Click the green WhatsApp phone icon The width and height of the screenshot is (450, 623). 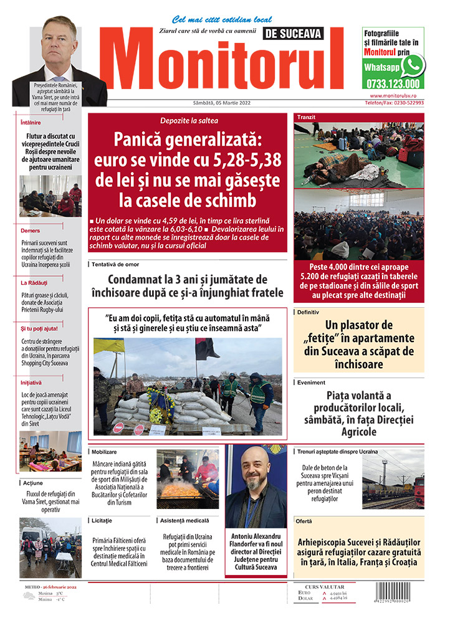pos(412,65)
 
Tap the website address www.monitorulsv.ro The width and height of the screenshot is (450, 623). pos(397,96)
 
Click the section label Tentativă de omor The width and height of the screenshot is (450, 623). pos(116,264)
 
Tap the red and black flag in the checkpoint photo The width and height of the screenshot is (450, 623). pos(207,348)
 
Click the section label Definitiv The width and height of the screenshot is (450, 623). pos(309,310)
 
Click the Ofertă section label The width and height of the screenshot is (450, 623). pos(305,520)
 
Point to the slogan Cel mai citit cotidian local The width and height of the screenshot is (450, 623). pos(213,19)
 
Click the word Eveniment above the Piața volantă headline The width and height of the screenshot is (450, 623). pos(312,383)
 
